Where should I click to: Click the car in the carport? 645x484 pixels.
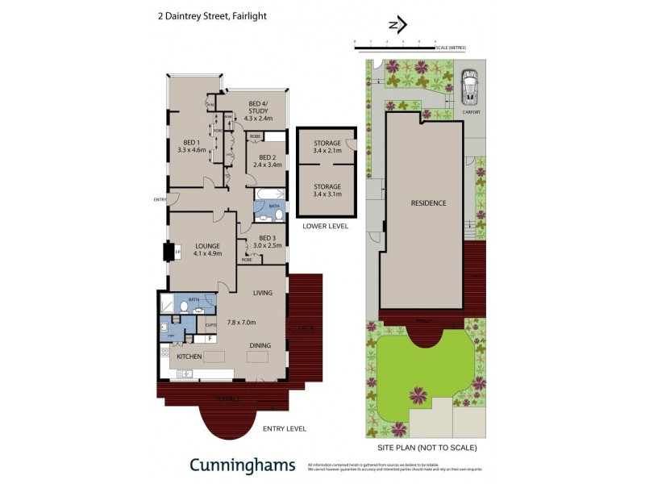click(x=468, y=86)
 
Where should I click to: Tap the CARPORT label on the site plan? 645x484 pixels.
click(x=472, y=112)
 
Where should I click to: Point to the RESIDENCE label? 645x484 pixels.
click(x=428, y=202)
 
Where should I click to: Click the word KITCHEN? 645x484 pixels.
click(x=189, y=356)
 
